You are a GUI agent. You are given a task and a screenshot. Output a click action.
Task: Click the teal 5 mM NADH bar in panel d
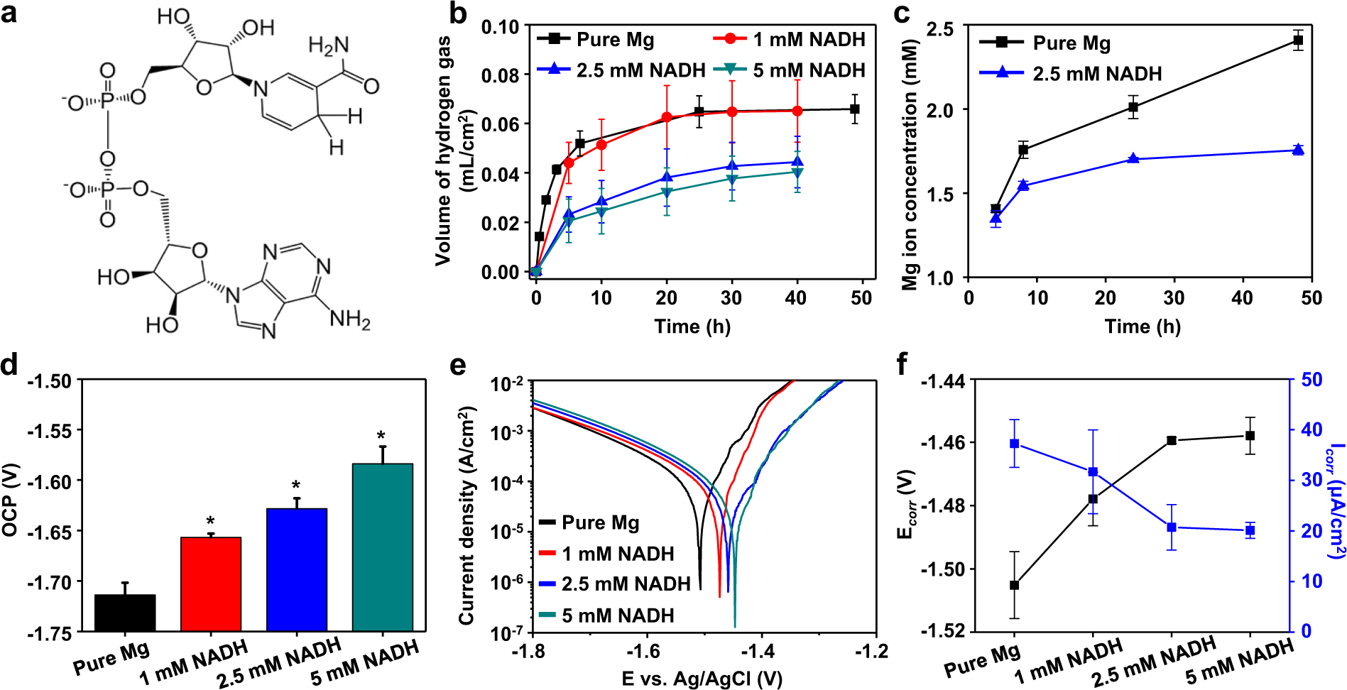click(x=382, y=547)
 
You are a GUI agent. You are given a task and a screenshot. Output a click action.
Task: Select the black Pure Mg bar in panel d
click(x=125, y=613)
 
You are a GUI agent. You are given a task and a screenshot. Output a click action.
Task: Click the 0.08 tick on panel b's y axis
click(x=500, y=75)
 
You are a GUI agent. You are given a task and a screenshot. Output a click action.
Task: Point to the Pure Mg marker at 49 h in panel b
click(x=854, y=109)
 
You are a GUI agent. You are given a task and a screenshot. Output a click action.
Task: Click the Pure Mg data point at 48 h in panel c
click(x=1298, y=41)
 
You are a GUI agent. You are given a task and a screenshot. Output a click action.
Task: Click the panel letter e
click(x=458, y=365)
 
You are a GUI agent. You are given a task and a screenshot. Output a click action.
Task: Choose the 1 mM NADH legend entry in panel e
click(x=608, y=553)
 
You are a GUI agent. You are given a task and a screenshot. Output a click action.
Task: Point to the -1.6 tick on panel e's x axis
click(x=643, y=651)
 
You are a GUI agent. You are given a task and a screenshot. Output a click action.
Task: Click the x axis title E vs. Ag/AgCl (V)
click(x=702, y=679)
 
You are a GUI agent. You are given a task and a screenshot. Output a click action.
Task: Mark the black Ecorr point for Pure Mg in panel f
click(x=1014, y=585)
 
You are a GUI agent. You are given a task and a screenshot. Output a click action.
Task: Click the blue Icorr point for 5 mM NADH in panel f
click(x=1250, y=530)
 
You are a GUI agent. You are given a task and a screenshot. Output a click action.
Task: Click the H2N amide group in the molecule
click(x=329, y=46)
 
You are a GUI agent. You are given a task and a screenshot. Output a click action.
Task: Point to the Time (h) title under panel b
click(x=692, y=326)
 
